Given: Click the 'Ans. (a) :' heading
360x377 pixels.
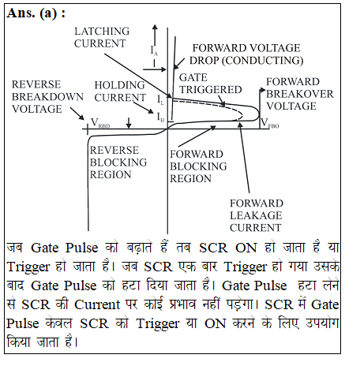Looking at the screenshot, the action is (36, 13).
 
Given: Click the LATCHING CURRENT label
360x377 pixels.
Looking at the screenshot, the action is (102, 37).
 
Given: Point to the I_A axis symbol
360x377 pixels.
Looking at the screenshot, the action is (154, 50).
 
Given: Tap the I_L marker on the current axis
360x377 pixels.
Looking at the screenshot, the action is (160, 99).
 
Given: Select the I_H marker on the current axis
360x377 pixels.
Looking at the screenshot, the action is (160, 117).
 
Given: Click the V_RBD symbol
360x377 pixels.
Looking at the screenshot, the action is (100, 123).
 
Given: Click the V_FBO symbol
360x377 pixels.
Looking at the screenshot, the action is (269, 123).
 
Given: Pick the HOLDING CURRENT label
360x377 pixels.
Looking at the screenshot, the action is (120, 91).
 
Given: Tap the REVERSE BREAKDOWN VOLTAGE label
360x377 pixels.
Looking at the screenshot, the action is (47, 97).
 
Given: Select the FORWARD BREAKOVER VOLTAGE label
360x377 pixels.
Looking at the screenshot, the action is (300, 94).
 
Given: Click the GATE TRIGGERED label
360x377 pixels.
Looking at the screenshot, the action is (210, 84).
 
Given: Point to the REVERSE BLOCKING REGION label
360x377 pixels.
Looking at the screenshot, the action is (118, 162).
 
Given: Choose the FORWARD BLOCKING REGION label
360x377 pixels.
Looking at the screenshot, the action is (198, 166).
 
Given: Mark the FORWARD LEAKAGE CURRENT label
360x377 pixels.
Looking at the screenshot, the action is (257, 215).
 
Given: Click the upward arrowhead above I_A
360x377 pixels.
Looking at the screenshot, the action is (155, 27).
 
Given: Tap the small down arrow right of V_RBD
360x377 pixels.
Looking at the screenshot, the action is (129, 123).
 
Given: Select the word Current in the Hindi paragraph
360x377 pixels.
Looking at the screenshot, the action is (97, 304).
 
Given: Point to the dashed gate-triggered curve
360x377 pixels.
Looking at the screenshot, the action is (211, 104).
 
